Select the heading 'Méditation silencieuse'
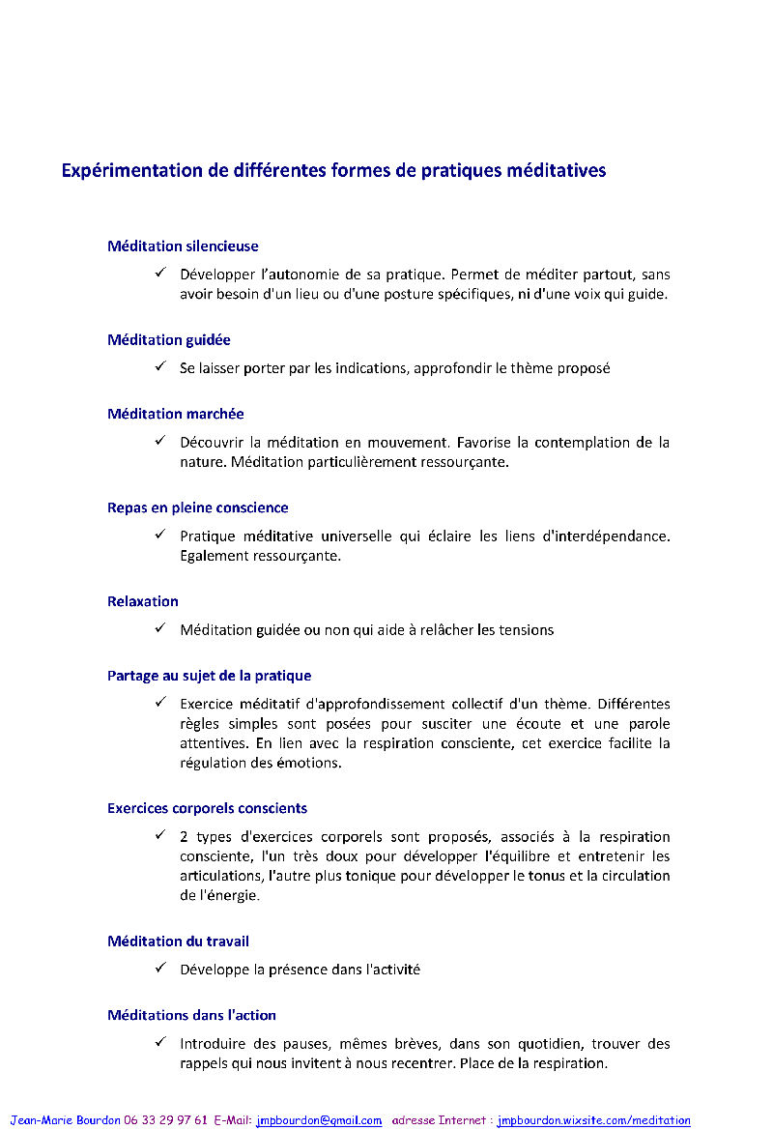tap(183, 246)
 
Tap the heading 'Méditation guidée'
tap(169, 340)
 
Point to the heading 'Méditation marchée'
tap(176, 415)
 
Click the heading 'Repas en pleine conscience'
tap(198, 508)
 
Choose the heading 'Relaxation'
tap(143, 602)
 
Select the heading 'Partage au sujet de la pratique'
tap(210, 677)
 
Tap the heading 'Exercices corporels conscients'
tap(208, 809)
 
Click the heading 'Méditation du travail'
tap(179, 942)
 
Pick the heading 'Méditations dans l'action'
tap(192, 1016)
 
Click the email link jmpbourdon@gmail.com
tap(319, 1120)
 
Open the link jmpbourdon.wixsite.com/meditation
tap(594, 1120)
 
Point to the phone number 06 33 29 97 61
tap(165, 1120)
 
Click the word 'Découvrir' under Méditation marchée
tap(211, 443)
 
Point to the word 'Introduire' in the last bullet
tap(212, 1044)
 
